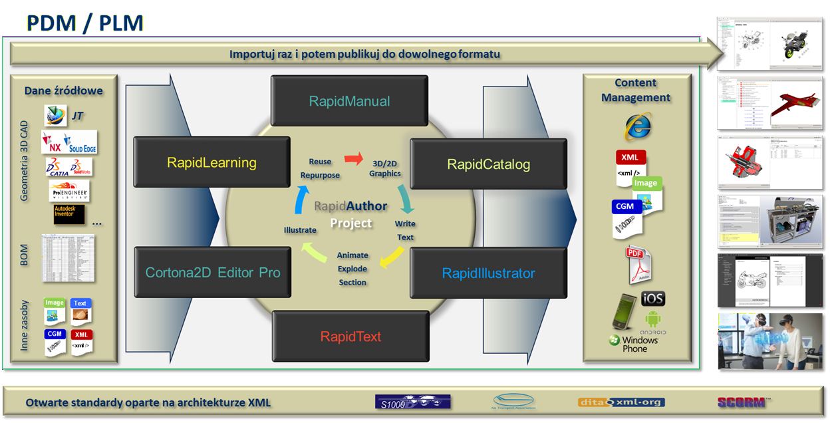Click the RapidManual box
(x=349, y=101)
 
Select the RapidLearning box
(x=211, y=162)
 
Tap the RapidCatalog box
(x=488, y=164)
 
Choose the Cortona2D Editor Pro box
(x=212, y=272)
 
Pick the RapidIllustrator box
(x=488, y=273)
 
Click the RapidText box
(x=350, y=336)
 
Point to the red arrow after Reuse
(x=354, y=159)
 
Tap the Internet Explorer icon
(x=636, y=126)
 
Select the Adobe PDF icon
(x=636, y=264)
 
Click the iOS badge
(x=653, y=299)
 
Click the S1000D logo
(x=412, y=402)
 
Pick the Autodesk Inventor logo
(x=69, y=214)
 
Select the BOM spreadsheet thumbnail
(x=67, y=257)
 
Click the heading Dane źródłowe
(x=64, y=90)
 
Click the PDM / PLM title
(x=84, y=23)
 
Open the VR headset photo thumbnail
(x=770, y=341)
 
